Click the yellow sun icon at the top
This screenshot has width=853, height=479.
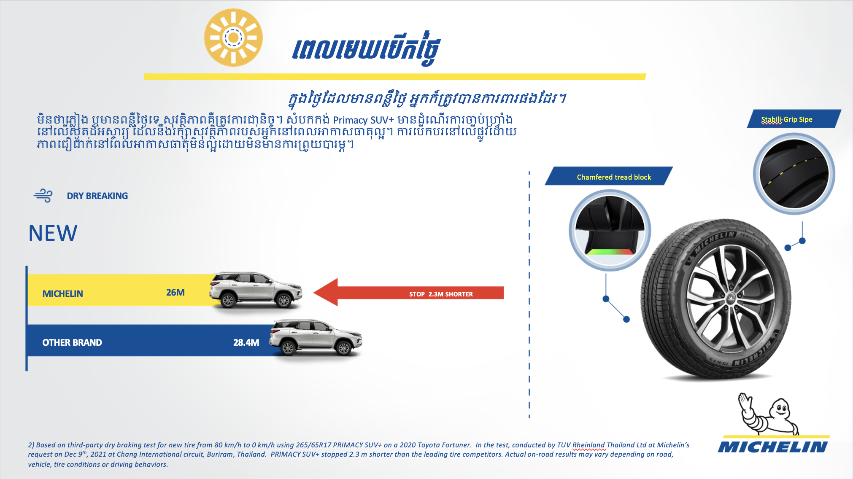233,38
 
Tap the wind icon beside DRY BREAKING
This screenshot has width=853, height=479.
43,196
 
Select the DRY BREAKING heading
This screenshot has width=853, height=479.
97,196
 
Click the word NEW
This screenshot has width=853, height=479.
53,233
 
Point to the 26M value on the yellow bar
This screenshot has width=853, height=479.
175,292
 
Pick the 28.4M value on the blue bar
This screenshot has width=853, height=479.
246,342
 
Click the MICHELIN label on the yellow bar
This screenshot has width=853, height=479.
63,293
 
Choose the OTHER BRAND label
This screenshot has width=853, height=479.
72,342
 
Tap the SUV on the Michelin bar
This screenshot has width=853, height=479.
256,290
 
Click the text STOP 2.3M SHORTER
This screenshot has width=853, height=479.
441,294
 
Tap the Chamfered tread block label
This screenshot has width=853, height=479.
614,177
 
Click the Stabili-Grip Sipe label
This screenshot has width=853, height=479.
787,119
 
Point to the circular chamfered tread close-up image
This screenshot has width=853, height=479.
610,230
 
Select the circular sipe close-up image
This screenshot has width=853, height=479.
794,174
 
